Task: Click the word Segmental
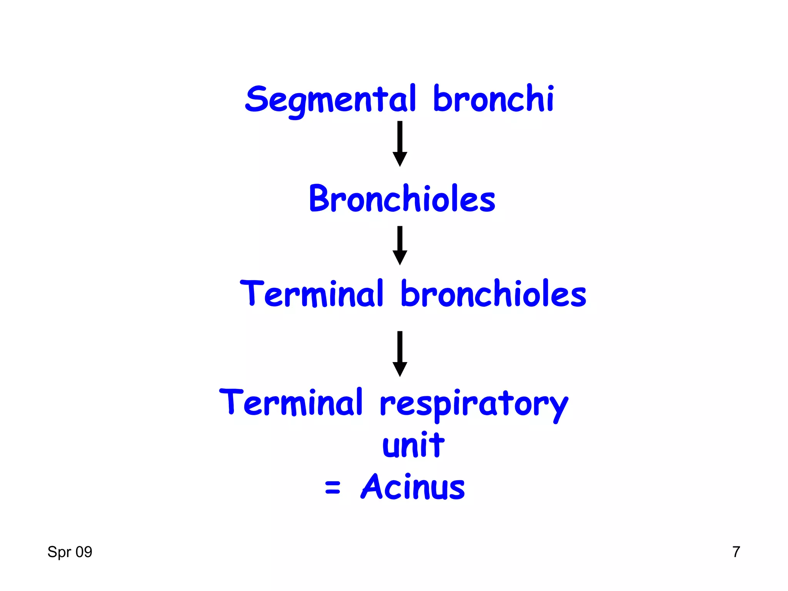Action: [330, 99]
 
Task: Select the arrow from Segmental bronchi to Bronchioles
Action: [400, 144]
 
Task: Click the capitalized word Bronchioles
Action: [402, 199]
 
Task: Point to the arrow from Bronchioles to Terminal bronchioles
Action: [400, 245]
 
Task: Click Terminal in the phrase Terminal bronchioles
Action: [312, 294]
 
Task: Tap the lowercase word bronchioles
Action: [493, 294]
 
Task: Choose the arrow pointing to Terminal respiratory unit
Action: [400, 354]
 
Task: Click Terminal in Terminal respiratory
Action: [291, 402]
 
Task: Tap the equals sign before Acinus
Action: [332, 488]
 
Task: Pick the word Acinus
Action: [413, 487]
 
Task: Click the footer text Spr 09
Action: [70, 552]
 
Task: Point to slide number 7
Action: [736, 552]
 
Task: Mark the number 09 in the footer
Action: [83, 552]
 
